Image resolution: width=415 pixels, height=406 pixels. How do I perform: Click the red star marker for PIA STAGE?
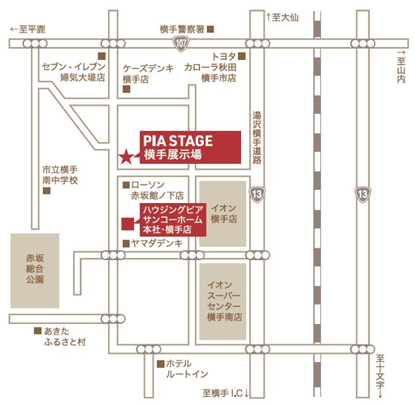click(x=126, y=157)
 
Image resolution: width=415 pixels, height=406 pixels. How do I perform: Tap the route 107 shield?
click(x=180, y=43)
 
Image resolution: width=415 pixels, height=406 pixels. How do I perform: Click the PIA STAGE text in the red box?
click(x=178, y=140)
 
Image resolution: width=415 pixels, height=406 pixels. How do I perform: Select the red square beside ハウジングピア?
click(x=128, y=224)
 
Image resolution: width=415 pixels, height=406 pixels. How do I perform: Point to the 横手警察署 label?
click(x=182, y=29)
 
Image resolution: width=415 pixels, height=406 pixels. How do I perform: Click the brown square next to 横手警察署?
click(x=210, y=29)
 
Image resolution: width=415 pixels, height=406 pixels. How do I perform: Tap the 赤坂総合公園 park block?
click(x=35, y=270)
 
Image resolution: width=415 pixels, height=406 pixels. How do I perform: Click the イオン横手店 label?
click(x=224, y=214)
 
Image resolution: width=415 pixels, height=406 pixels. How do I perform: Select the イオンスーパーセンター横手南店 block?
click(x=223, y=301)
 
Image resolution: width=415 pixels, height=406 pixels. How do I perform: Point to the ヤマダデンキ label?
click(x=157, y=244)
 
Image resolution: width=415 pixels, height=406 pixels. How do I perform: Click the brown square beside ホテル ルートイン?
click(x=161, y=364)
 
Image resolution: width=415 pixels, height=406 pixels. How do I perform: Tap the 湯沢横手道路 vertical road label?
click(x=257, y=138)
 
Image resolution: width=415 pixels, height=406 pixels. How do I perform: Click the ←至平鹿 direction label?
click(x=28, y=29)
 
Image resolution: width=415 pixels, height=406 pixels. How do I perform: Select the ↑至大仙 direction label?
click(x=282, y=18)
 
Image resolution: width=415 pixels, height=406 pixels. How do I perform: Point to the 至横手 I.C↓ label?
click(x=226, y=393)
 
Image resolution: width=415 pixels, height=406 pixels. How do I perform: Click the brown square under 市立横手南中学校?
click(x=47, y=191)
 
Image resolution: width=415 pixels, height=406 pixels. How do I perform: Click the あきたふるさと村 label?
click(x=65, y=336)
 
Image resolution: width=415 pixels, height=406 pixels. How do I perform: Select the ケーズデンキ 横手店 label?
click(x=148, y=74)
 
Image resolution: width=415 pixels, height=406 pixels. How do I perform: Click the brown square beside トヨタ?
click(x=242, y=56)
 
